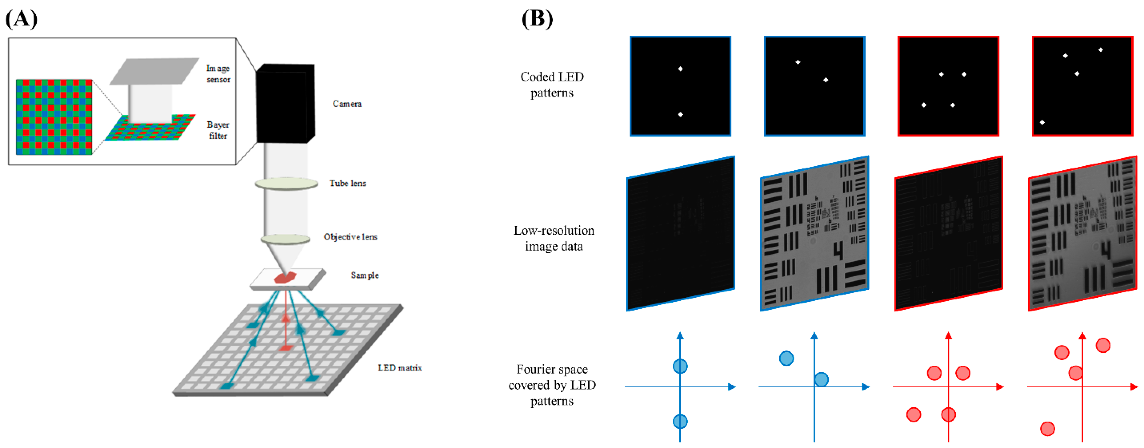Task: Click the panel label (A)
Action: pos(21,19)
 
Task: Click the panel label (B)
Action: pos(537,19)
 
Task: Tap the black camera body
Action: pos(285,104)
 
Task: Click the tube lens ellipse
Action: pos(286,183)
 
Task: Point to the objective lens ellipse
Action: pos(285,239)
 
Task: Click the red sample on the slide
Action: pos(285,277)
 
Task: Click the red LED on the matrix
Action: pos(285,348)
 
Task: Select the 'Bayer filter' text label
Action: pos(218,130)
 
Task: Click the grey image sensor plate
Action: pos(154,71)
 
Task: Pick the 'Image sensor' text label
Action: pos(218,74)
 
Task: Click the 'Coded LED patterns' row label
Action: pos(552,85)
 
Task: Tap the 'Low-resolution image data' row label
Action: pos(554,239)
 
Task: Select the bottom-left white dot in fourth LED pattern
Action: pos(1042,122)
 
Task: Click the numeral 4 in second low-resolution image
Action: pos(837,251)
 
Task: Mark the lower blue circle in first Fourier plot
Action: pos(680,421)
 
